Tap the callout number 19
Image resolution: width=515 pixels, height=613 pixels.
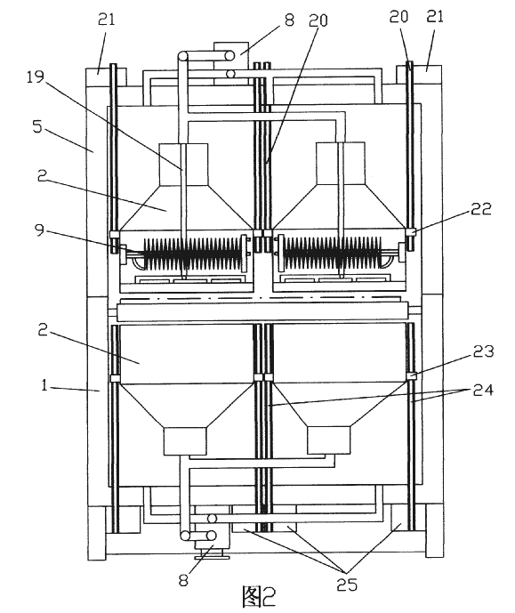pyautogui.click(x=36, y=77)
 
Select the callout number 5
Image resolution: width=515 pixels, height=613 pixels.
pyautogui.click(x=37, y=126)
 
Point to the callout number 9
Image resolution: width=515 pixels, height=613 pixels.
pyautogui.click(x=39, y=230)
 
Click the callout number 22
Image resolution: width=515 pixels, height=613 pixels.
pyautogui.click(x=481, y=209)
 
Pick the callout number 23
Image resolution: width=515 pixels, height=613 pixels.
pyautogui.click(x=483, y=351)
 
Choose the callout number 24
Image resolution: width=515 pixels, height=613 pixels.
pyautogui.click(x=483, y=390)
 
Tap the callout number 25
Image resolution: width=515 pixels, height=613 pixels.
pyautogui.click(x=347, y=585)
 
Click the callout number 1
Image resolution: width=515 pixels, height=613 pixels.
pyautogui.click(x=44, y=386)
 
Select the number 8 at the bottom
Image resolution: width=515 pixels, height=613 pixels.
pyautogui.click(x=183, y=580)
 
